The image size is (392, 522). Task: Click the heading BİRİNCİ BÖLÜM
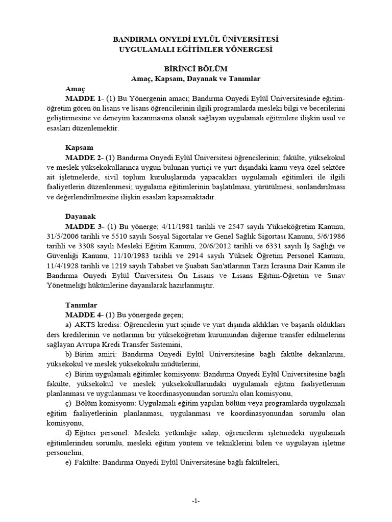195,69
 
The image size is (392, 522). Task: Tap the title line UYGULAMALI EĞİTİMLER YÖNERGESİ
195,49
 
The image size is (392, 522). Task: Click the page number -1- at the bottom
195,501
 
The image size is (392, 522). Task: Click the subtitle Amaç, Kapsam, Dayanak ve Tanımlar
195,79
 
